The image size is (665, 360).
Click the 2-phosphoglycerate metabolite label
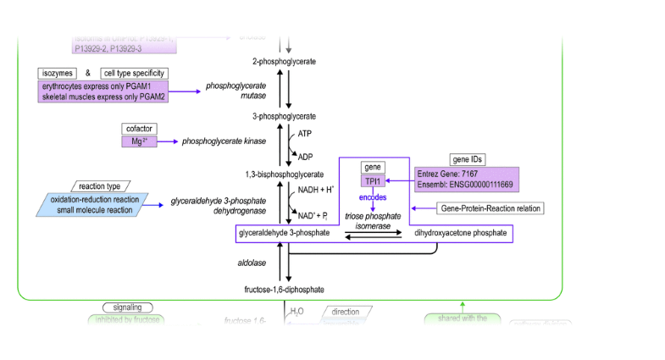(285, 62)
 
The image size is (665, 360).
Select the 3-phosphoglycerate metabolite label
(285, 115)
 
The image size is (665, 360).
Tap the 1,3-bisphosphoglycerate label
(285, 174)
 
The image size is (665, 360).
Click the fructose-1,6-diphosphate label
(285, 290)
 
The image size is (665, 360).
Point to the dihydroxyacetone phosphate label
(460, 232)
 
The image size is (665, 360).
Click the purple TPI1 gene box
(373, 180)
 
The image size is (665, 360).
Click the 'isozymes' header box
(57, 74)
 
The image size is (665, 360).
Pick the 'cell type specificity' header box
(133, 74)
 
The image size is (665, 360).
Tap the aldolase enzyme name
(252, 263)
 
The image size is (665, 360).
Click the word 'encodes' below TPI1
(373, 197)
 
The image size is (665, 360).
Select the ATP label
(305, 134)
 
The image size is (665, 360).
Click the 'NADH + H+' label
(315, 189)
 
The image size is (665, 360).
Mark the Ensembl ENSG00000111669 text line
(465, 184)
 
